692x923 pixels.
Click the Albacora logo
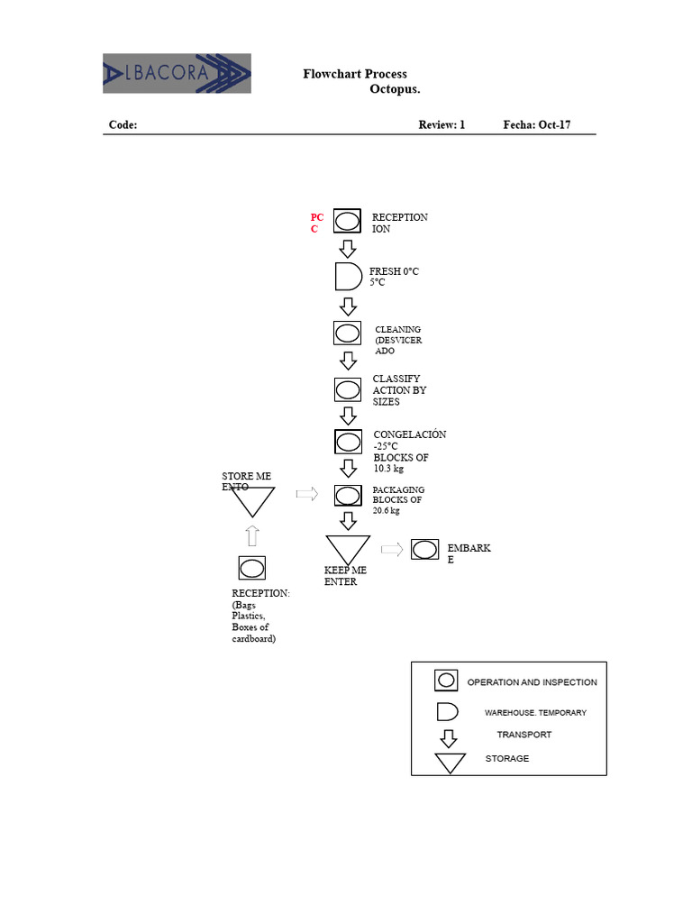click(x=177, y=73)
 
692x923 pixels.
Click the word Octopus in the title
click(x=395, y=89)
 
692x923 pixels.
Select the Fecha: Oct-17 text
click(x=536, y=125)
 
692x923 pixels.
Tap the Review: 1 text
click(x=442, y=125)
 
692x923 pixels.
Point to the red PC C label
click(x=316, y=223)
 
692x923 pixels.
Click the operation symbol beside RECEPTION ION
click(x=347, y=221)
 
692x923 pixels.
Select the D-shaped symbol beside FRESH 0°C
click(x=348, y=276)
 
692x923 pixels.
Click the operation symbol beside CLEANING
click(x=347, y=333)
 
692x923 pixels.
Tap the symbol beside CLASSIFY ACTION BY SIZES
click(x=347, y=389)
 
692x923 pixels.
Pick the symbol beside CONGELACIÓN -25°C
click(x=347, y=442)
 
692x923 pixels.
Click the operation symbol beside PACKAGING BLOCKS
click(x=347, y=495)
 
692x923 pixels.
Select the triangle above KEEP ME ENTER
click(x=348, y=547)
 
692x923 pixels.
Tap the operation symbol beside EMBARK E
click(x=424, y=549)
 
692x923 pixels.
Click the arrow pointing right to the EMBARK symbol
click(x=391, y=549)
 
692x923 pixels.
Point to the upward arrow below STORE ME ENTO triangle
click(x=252, y=535)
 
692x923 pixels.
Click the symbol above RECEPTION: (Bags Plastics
click(x=252, y=568)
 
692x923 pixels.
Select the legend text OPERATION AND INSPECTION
click(x=532, y=682)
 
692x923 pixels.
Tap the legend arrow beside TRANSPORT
click(x=448, y=738)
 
